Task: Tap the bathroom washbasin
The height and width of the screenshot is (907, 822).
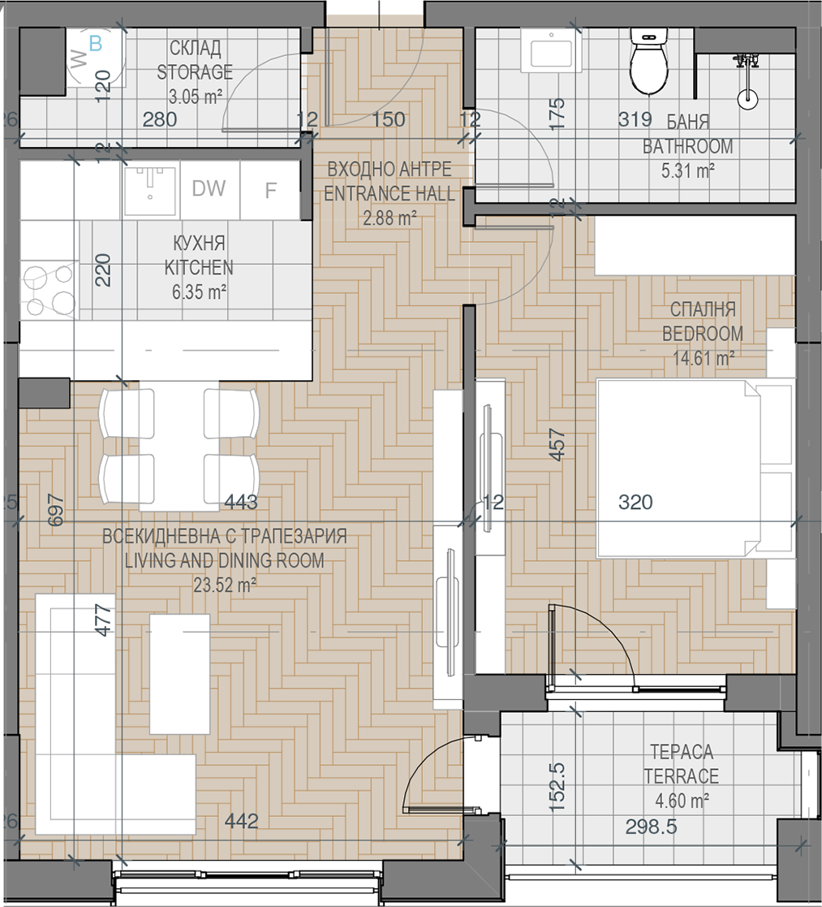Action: click(x=551, y=51)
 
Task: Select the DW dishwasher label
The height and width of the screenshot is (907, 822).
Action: click(x=209, y=188)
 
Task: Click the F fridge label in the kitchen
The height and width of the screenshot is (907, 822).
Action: click(x=270, y=190)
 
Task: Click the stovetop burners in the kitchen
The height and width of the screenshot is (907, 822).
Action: click(x=49, y=291)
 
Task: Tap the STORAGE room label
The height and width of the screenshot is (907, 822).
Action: click(x=195, y=72)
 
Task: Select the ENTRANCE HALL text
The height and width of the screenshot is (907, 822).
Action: click(x=389, y=193)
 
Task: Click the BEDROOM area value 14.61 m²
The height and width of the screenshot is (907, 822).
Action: click(x=704, y=358)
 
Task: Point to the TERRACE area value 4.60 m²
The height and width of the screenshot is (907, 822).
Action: click(x=682, y=801)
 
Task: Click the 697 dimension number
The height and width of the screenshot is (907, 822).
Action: click(x=55, y=509)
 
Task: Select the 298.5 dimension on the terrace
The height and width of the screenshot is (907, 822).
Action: click(x=651, y=827)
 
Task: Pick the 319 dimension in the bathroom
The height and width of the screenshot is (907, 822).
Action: click(x=635, y=119)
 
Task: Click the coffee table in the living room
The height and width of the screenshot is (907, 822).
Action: click(x=180, y=674)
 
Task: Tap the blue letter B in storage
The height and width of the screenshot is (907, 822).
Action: click(x=96, y=43)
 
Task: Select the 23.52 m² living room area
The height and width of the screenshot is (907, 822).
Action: click(x=225, y=585)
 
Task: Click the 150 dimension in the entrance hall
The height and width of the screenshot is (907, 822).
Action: click(x=388, y=119)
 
